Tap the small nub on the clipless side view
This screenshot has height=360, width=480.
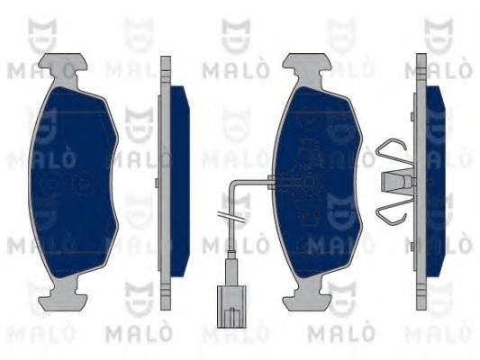(x=157, y=184)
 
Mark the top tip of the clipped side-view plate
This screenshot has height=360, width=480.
(x=421, y=60)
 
